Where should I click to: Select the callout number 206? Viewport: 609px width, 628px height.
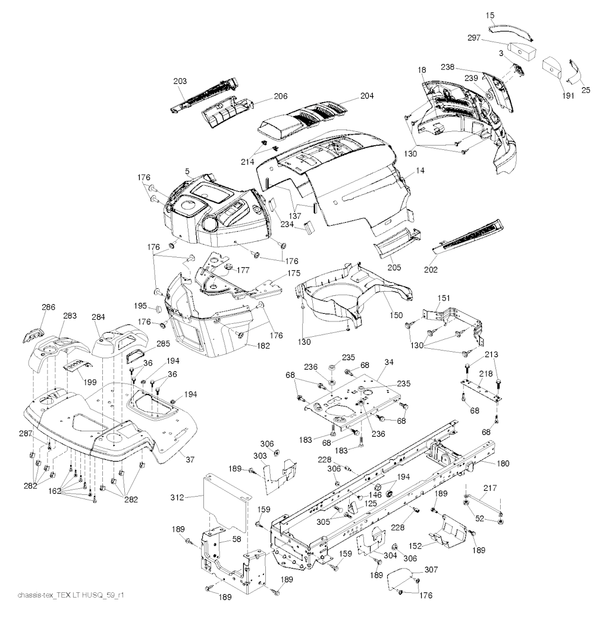click(x=264, y=96)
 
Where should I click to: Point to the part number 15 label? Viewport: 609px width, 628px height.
click(x=489, y=14)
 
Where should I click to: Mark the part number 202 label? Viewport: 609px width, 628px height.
click(x=431, y=270)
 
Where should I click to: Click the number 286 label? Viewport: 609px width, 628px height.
click(x=48, y=307)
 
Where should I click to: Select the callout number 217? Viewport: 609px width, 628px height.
click(x=489, y=488)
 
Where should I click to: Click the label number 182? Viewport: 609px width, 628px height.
click(x=264, y=345)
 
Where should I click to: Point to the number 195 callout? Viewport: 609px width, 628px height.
click(x=140, y=305)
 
